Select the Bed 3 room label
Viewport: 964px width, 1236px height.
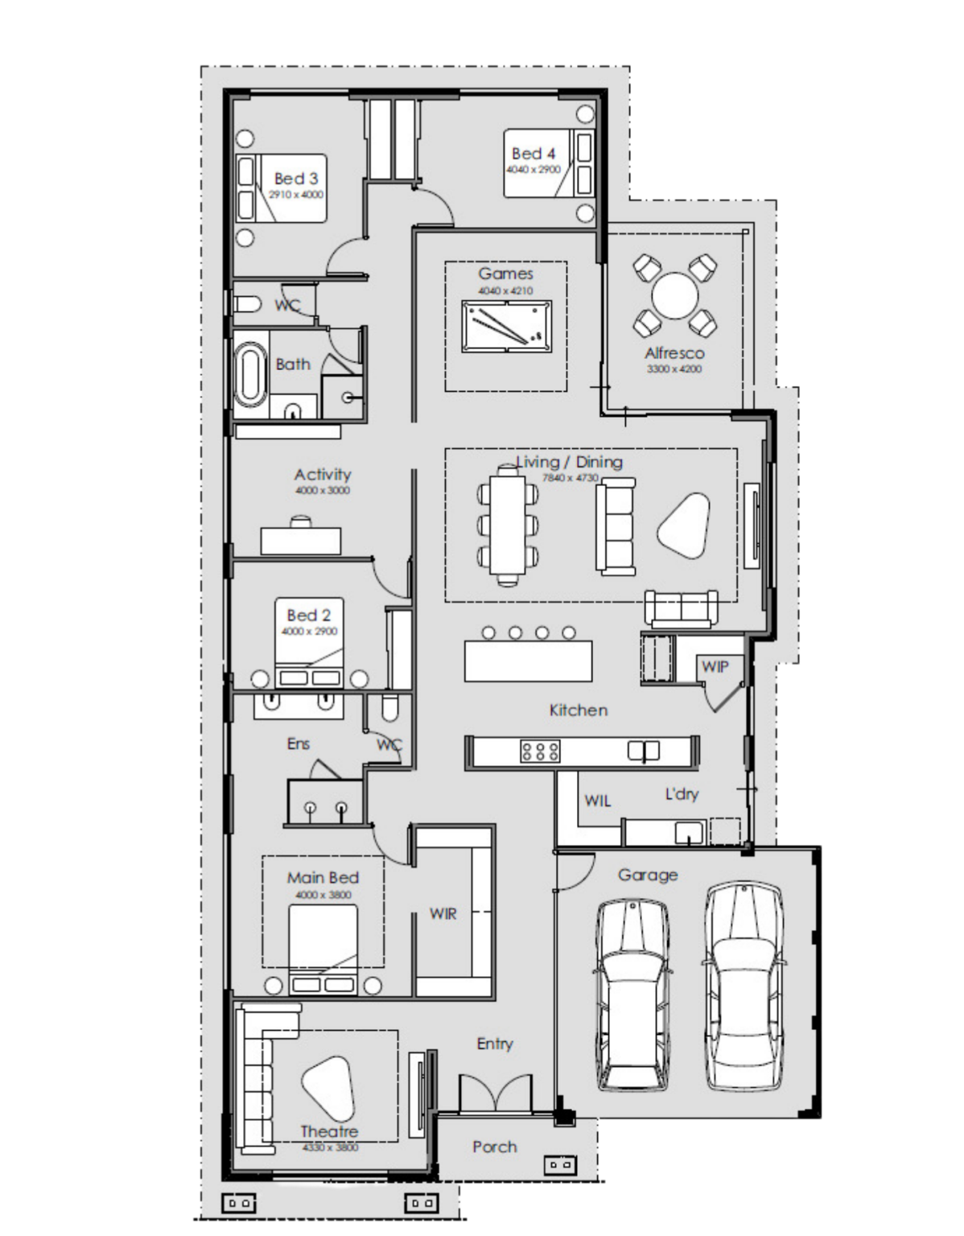[x=295, y=179]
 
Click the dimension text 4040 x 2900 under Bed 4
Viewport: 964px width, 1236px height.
[x=533, y=171]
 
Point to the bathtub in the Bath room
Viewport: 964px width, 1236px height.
[x=250, y=375]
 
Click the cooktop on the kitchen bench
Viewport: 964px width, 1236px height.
[x=541, y=752]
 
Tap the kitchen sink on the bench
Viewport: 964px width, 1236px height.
[x=644, y=751]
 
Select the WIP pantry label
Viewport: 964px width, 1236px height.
[x=715, y=666]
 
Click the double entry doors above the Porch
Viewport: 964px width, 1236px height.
[x=494, y=1094]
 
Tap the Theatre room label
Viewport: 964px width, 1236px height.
[x=328, y=1131]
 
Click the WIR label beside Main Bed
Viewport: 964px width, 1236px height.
[x=443, y=914]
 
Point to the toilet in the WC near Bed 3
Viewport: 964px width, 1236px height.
[x=247, y=304]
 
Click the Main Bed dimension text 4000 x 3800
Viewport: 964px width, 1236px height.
[x=323, y=895]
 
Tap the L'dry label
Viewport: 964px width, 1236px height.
[x=682, y=794]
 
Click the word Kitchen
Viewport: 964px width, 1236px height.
[x=578, y=710]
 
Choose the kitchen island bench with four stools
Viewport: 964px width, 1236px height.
[x=528, y=661]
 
